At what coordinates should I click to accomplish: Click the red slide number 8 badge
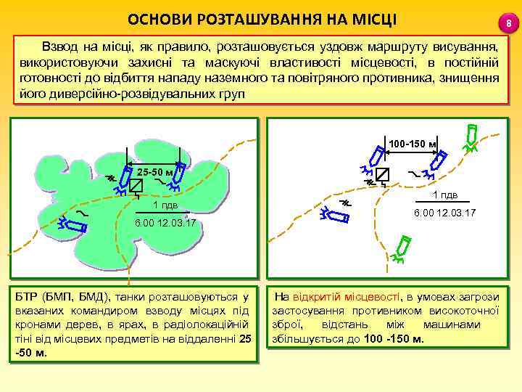click(509, 25)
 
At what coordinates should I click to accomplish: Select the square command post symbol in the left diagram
click(135, 186)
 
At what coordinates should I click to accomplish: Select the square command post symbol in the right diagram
click(382, 174)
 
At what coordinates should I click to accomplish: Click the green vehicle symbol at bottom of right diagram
click(403, 248)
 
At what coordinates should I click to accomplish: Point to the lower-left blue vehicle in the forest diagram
click(75, 224)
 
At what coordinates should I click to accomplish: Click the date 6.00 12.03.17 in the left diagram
click(166, 223)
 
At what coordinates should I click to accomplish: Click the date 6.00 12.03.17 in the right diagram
click(444, 213)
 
